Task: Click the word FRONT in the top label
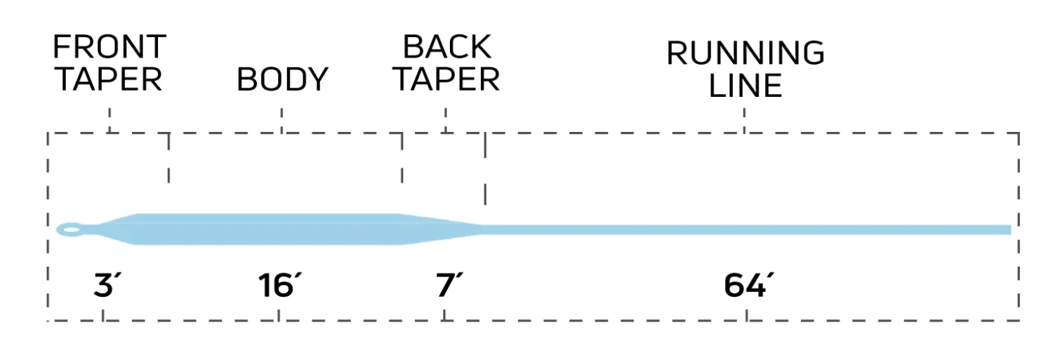(x=109, y=48)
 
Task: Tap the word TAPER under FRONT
(x=109, y=80)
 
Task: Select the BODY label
(x=282, y=80)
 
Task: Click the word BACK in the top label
(x=446, y=48)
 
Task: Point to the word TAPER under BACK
(x=446, y=80)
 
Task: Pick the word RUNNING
(x=745, y=54)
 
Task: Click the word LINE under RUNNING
(x=745, y=86)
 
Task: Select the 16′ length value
(x=279, y=286)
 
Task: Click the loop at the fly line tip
(x=69, y=229)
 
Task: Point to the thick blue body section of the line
(x=267, y=229)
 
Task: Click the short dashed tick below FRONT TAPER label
(x=110, y=119)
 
